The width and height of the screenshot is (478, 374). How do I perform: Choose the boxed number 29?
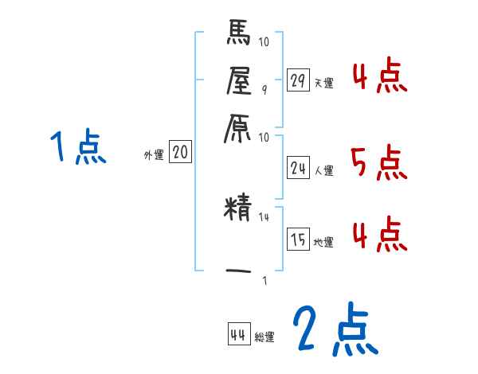(298, 80)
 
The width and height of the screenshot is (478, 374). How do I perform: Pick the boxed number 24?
(298, 167)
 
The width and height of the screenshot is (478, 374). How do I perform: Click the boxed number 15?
(298, 240)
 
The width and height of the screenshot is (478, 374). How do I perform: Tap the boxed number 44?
(237, 334)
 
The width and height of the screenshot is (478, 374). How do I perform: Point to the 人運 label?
(323, 170)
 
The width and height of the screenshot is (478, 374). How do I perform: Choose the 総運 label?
(264, 337)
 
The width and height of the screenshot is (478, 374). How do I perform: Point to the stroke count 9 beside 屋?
(264, 89)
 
